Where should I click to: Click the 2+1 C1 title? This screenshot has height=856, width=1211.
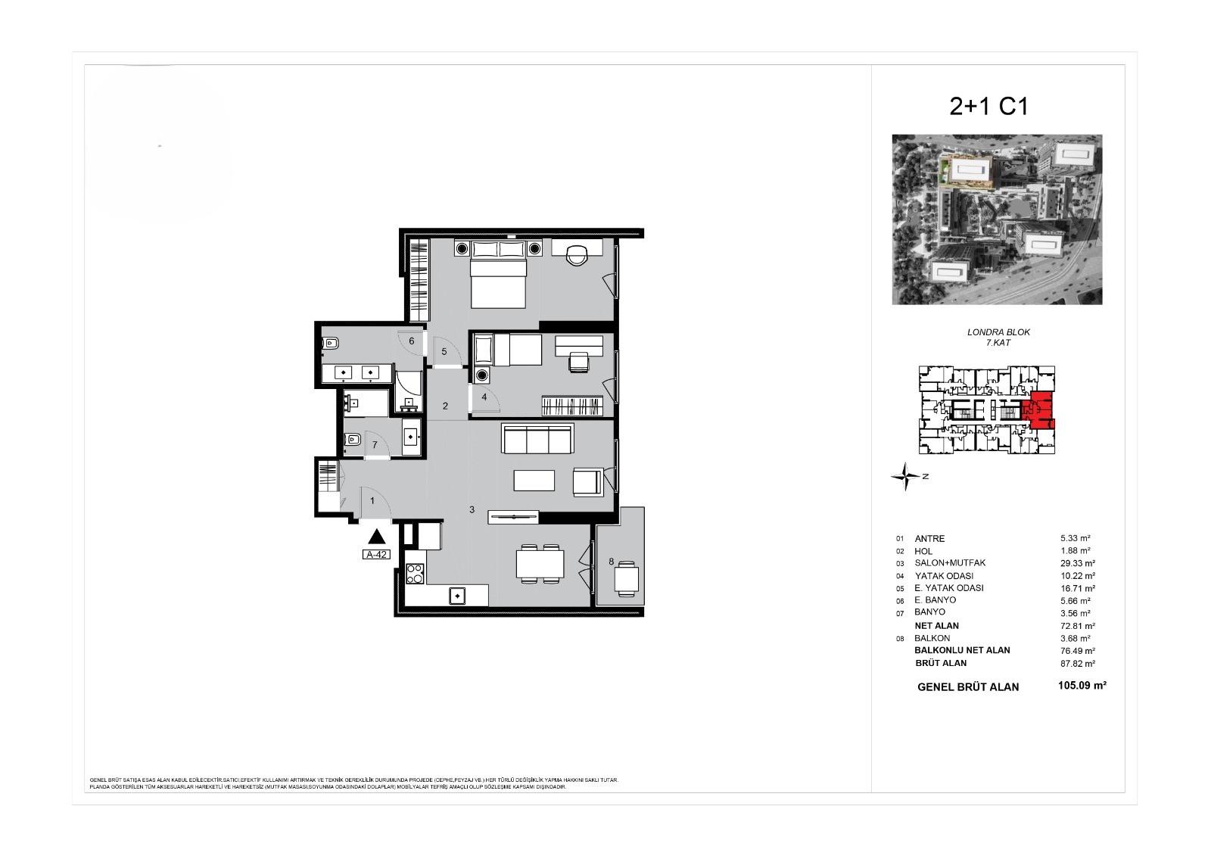[988, 107]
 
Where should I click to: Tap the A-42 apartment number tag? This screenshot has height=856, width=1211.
[376, 554]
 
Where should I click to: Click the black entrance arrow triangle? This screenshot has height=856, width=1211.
[377, 537]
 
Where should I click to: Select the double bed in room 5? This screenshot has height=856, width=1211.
[498, 281]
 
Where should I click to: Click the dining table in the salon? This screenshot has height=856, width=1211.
[540, 564]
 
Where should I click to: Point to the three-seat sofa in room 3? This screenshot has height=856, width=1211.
[537, 438]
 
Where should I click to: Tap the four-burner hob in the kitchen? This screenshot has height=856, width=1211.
[415, 574]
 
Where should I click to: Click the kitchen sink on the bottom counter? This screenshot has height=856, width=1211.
[458, 596]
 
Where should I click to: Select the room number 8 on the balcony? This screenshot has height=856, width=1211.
[611, 562]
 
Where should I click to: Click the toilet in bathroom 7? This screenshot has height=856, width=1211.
[352, 440]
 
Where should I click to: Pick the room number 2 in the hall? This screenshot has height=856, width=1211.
[445, 406]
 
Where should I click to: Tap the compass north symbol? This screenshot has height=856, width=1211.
[905, 477]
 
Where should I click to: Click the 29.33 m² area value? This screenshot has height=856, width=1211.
[1078, 563]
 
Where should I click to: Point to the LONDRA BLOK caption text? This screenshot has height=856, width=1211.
[998, 332]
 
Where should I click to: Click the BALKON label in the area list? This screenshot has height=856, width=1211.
[932, 638]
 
